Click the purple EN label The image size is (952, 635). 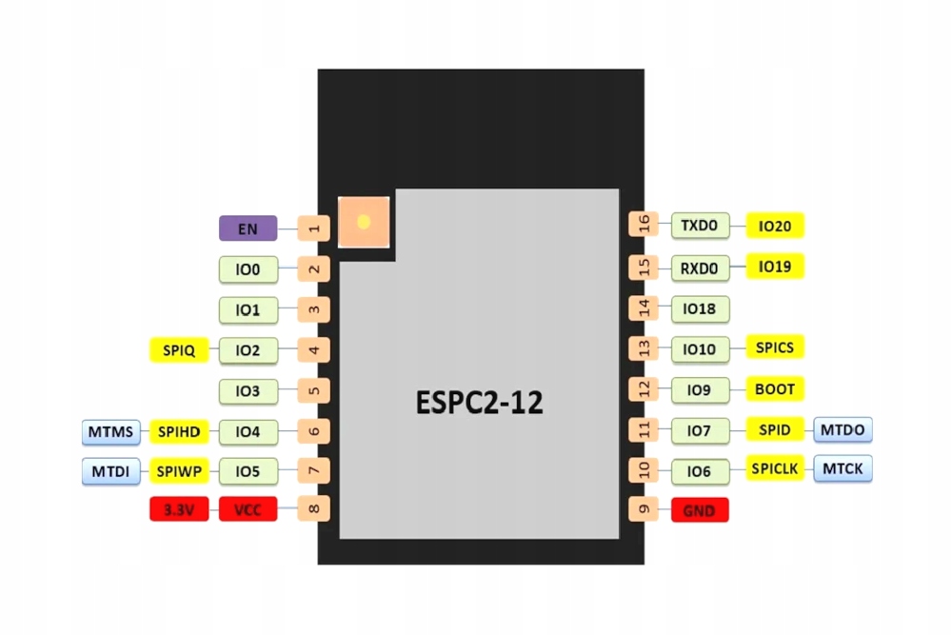click(248, 228)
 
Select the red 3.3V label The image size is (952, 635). click(179, 510)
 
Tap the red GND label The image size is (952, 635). click(699, 510)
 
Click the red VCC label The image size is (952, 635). click(248, 510)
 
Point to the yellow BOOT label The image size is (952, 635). click(775, 388)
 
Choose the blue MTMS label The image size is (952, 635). click(111, 431)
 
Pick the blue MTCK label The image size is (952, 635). click(843, 468)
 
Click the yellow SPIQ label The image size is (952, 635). click(179, 350)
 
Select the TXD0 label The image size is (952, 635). click(700, 226)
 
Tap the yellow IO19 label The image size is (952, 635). click(775, 267)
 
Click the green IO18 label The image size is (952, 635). click(700, 308)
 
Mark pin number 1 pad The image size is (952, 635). click(314, 228)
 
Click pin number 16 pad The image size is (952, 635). click(644, 225)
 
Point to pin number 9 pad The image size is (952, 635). click(644, 509)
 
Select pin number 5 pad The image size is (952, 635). click(314, 390)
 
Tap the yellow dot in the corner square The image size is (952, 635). click(363, 222)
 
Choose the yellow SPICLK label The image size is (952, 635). click(775, 468)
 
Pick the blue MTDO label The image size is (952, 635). click(843, 429)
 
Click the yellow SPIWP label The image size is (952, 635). click(179, 470)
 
